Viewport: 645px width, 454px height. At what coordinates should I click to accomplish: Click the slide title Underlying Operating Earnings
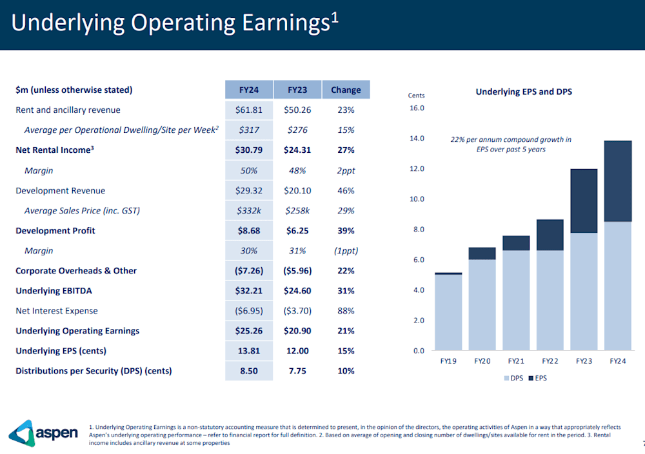[x=174, y=23]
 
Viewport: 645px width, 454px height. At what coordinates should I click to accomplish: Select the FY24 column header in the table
[x=249, y=90]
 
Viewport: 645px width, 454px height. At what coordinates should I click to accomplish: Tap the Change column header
[x=346, y=90]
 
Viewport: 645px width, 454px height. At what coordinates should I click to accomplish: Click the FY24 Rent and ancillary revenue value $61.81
[x=249, y=110]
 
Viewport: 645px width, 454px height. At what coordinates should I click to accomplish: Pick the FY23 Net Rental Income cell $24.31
[x=297, y=150]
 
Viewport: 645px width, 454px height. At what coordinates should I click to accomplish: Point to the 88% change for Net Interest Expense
[x=346, y=311]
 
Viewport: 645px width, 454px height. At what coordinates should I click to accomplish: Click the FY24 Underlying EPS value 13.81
[x=249, y=351]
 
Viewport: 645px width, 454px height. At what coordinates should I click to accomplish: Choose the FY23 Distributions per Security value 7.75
[x=297, y=371]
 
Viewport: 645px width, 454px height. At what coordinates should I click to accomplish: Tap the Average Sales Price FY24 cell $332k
[x=249, y=211]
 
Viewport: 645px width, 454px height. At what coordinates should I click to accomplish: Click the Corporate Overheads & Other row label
[x=76, y=271]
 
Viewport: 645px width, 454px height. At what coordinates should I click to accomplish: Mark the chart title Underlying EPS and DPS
[x=524, y=92]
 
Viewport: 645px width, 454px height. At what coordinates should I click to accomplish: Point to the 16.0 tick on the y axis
[x=417, y=108]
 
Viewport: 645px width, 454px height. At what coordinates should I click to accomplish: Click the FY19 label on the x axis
[x=448, y=361]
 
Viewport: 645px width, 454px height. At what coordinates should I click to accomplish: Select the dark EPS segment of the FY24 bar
[x=618, y=181]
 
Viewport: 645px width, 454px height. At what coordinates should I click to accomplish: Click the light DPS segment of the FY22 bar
[x=550, y=300]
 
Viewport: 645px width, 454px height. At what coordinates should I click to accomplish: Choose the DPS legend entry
[x=513, y=378]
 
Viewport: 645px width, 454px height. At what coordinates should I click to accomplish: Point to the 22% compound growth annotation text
[x=510, y=144]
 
